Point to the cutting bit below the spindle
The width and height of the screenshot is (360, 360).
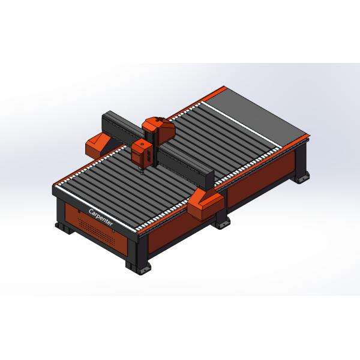pos(142,170)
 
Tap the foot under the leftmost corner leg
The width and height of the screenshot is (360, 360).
pos(63,226)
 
